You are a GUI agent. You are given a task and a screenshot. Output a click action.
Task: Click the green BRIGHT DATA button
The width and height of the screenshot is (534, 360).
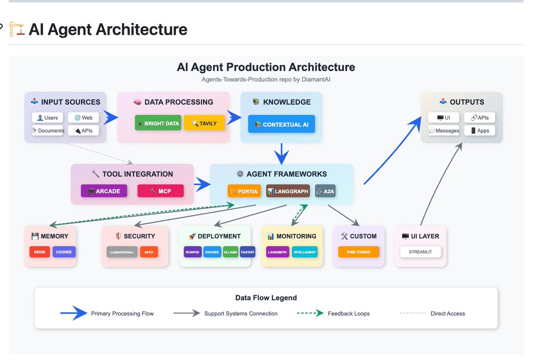pyautogui.click(x=158, y=123)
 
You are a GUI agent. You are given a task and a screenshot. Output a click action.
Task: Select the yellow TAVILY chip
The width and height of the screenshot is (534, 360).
pyautogui.click(x=204, y=123)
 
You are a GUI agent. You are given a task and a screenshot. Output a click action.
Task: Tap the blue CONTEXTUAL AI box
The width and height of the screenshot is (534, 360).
pyautogui.click(x=282, y=124)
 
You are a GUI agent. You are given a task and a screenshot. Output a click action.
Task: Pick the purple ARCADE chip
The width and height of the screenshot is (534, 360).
pyautogui.click(x=104, y=191)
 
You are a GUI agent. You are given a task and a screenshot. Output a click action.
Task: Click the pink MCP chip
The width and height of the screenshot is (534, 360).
pyautogui.click(x=161, y=191)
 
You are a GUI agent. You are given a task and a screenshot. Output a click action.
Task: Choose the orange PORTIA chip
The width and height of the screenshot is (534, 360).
pyautogui.click(x=244, y=191)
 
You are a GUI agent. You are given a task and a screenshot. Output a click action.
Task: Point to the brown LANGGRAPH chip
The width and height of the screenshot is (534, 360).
pyautogui.click(x=288, y=191)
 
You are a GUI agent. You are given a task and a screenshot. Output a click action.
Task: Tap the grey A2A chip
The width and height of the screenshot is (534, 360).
pyautogui.click(x=325, y=191)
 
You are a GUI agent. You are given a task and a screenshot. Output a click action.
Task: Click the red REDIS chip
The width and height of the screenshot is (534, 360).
pyautogui.click(x=40, y=252)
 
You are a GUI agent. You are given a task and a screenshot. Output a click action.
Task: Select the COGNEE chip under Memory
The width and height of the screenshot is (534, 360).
pyautogui.click(x=64, y=252)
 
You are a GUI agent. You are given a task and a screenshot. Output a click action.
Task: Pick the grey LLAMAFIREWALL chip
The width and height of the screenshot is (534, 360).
pyautogui.click(x=122, y=252)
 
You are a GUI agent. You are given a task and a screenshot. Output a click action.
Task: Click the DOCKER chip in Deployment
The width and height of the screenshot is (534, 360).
pyautogui.click(x=212, y=252)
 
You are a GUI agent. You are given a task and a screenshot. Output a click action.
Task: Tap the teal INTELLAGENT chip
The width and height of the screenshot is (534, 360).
pyautogui.click(x=304, y=252)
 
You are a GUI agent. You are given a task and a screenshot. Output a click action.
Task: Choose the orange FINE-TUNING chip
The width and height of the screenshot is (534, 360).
pyautogui.click(x=359, y=252)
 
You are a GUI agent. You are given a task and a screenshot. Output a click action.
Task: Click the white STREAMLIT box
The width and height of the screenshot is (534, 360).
pyautogui.click(x=420, y=252)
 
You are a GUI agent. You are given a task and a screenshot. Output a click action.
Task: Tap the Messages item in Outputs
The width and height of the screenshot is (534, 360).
pyautogui.click(x=444, y=130)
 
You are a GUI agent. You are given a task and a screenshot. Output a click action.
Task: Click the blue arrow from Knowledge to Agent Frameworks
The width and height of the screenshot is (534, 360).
pyautogui.click(x=282, y=154)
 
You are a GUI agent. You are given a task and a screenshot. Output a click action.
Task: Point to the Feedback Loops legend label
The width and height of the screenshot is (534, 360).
pyautogui.click(x=348, y=313)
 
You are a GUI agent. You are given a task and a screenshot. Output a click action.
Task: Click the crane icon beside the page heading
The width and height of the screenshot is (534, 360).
pyautogui.click(x=16, y=29)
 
